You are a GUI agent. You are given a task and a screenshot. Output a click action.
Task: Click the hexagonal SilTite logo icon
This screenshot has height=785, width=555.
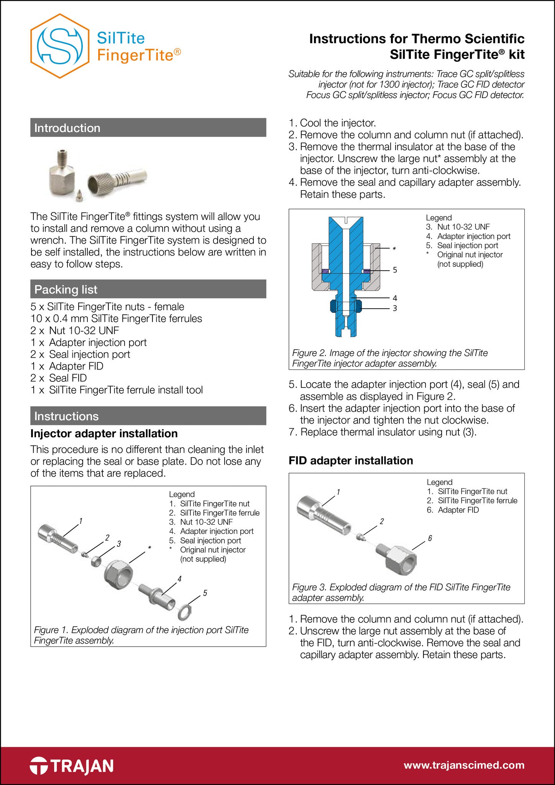60,46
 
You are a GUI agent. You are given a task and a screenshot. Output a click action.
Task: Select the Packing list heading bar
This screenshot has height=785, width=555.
148,289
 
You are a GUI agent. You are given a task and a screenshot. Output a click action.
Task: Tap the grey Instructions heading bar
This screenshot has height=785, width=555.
148,416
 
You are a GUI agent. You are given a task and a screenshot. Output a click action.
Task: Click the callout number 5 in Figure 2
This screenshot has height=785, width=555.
395,270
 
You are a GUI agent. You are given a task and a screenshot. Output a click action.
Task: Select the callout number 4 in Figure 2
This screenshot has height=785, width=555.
395,298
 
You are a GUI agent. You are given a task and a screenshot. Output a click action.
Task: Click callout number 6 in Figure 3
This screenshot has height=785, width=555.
430,539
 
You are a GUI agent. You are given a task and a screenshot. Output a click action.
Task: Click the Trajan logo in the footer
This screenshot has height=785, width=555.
72,766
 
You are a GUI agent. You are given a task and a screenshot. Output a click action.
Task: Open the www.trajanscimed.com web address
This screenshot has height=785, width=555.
464,765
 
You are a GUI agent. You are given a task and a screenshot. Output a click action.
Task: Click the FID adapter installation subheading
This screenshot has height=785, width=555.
351,460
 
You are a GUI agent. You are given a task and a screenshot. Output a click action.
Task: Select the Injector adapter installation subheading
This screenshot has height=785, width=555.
104,434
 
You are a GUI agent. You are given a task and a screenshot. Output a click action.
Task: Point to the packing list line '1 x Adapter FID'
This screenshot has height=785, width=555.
67,366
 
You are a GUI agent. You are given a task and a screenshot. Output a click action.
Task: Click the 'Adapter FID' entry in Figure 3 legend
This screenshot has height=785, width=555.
458,510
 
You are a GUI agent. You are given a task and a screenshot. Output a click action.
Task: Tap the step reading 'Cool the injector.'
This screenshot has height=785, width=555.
337,123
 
